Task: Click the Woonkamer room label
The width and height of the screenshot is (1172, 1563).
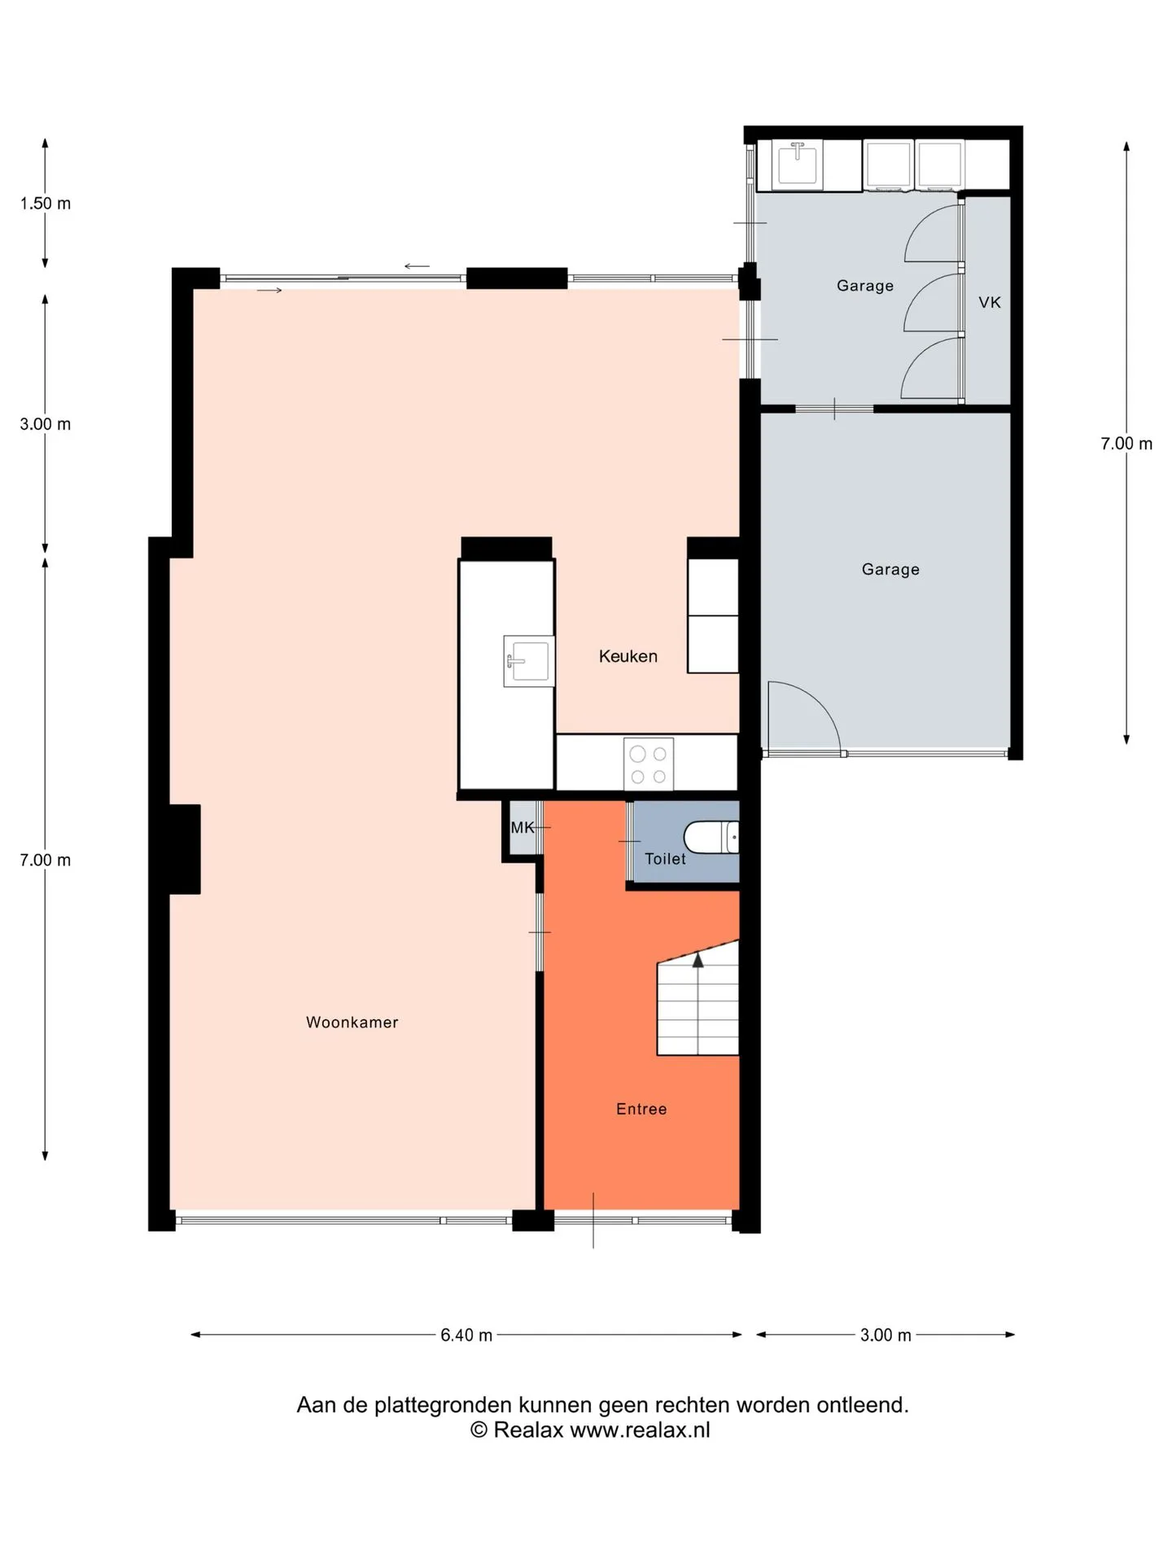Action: tap(352, 1022)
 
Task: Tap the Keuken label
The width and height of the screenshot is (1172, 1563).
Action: tap(628, 656)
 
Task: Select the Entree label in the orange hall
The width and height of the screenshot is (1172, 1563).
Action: tap(641, 1109)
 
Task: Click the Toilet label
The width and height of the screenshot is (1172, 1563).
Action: tap(665, 859)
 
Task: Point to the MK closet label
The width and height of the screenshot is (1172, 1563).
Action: tap(522, 828)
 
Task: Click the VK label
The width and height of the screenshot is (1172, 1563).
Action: tap(990, 303)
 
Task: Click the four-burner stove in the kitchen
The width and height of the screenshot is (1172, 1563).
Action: tap(649, 764)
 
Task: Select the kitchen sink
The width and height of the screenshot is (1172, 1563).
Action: tap(529, 661)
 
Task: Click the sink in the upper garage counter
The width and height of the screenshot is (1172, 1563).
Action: tap(798, 164)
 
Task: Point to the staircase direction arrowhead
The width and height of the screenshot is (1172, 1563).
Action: tap(698, 960)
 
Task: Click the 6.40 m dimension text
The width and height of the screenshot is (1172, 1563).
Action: tap(466, 1335)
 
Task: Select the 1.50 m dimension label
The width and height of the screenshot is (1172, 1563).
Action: tap(46, 204)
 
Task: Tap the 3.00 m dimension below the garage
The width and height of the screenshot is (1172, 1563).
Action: tap(886, 1335)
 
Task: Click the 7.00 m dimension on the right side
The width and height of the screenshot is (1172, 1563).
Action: tap(1126, 444)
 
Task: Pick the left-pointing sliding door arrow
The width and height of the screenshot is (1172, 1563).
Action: tap(417, 266)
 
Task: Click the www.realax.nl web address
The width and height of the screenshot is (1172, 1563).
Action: tap(640, 1430)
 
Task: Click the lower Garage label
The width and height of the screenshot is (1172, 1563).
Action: tap(890, 570)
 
